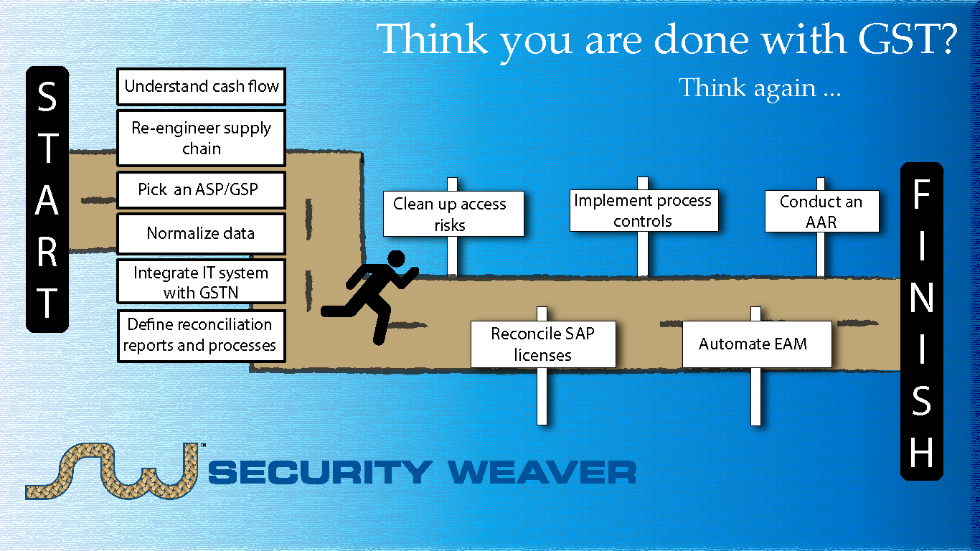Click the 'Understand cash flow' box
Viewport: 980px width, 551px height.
coord(202,86)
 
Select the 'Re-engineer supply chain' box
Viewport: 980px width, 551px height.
coord(202,138)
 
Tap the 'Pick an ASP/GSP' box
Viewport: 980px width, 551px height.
coord(202,189)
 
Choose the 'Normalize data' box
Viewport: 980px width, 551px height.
coord(202,233)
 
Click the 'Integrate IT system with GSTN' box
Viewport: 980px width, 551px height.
coord(202,281)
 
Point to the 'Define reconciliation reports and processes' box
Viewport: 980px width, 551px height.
coord(202,336)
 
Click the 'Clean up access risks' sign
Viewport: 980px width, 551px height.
coord(453,214)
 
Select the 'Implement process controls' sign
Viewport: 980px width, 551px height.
coord(644,210)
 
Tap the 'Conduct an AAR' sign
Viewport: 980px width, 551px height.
coord(821,212)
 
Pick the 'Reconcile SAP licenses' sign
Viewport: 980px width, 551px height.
coord(543,344)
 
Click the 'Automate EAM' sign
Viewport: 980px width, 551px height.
coord(756,344)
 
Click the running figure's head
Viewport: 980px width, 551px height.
coord(396,259)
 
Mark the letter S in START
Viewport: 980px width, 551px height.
coord(47,96)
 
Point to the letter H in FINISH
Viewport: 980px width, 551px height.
coord(922,453)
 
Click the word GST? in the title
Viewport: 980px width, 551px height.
coord(908,39)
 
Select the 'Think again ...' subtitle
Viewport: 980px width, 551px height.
coord(760,88)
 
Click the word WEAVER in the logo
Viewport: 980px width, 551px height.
coord(542,472)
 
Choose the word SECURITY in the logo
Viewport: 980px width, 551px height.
coord(320,472)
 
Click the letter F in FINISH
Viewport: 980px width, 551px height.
coord(922,194)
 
